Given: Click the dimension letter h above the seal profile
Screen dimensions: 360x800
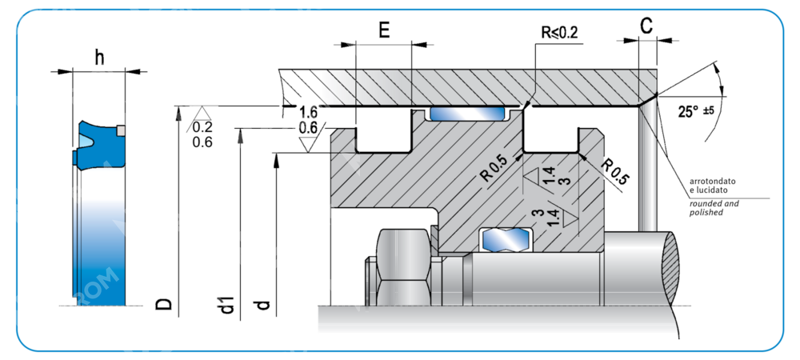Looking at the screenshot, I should tap(99, 57).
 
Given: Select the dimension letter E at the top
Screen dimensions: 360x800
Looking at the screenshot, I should tap(384, 31).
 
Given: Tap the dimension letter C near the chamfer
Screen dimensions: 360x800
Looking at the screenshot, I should tap(646, 26).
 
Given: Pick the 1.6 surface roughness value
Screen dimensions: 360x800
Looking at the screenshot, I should tap(308, 111).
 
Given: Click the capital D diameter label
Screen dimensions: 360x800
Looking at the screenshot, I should tap(163, 303).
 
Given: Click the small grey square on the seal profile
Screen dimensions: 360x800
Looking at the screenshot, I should tap(120, 130).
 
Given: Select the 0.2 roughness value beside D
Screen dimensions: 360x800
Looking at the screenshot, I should tap(202, 127).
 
